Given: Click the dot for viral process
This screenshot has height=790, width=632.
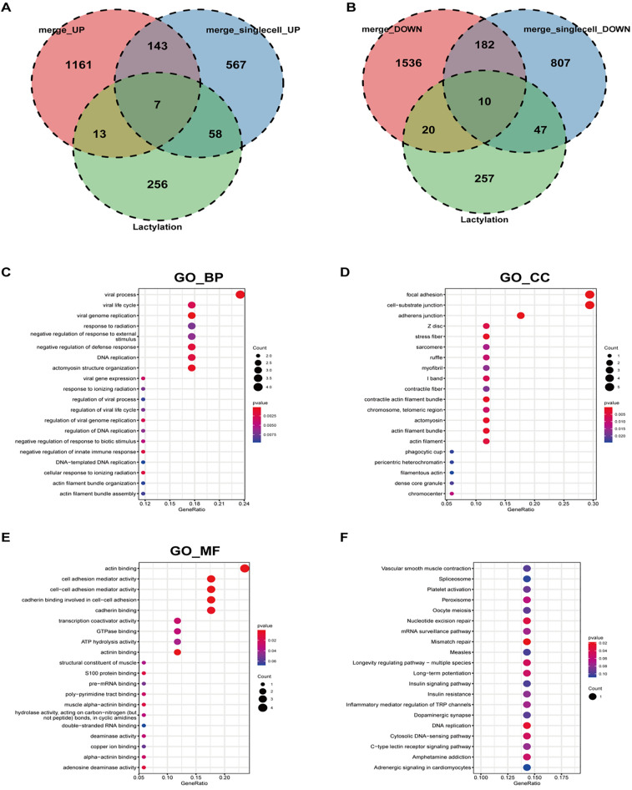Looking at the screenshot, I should [x=240, y=294].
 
